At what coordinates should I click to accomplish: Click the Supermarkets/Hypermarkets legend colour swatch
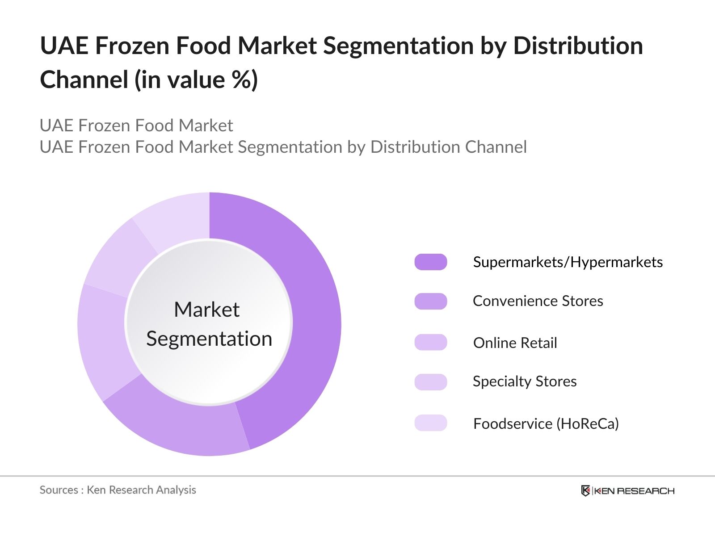click(430, 262)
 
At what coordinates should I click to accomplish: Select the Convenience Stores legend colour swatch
click(430, 301)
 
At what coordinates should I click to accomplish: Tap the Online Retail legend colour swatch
click(430, 343)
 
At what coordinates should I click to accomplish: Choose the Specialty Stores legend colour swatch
click(430, 382)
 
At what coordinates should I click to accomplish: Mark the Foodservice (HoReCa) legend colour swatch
click(430, 423)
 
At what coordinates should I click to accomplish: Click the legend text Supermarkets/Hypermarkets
click(568, 262)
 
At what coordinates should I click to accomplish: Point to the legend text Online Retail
click(515, 343)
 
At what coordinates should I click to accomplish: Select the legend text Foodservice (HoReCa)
click(546, 423)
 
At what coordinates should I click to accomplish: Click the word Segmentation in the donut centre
click(209, 339)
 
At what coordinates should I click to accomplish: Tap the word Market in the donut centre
click(206, 310)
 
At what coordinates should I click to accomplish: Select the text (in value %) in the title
click(196, 80)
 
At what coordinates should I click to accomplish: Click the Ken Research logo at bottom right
click(627, 491)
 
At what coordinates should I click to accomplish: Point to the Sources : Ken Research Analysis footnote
click(118, 490)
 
